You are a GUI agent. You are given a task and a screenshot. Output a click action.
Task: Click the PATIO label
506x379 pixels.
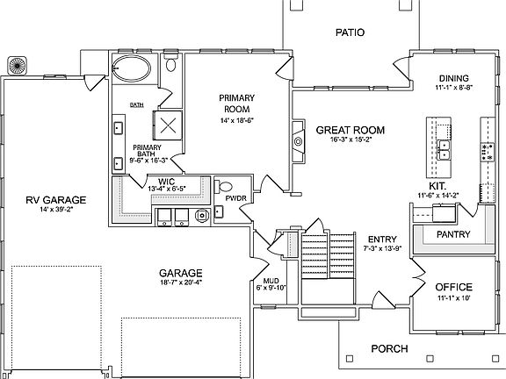pos(349,33)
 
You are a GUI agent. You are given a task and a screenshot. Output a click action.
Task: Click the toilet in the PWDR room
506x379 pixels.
pos(225,186)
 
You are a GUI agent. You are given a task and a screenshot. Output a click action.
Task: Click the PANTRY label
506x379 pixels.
pos(453,235)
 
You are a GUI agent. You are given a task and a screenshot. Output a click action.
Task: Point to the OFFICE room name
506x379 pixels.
pos(453,288)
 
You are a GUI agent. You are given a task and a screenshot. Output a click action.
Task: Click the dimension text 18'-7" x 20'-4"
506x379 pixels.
pos(182,283)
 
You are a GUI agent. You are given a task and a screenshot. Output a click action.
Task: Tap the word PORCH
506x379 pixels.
pos(388,348)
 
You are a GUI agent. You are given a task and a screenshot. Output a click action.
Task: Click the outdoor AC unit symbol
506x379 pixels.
pos(17,67)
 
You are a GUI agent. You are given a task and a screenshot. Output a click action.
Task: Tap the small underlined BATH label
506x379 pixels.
pos(136,105)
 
